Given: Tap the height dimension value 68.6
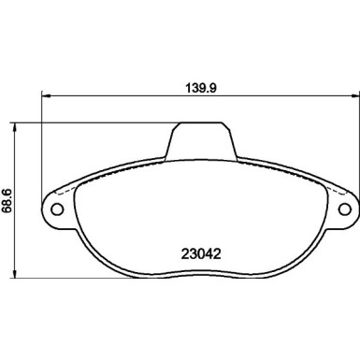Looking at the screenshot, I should [7, 199].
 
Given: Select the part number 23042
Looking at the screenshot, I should [201, 252].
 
